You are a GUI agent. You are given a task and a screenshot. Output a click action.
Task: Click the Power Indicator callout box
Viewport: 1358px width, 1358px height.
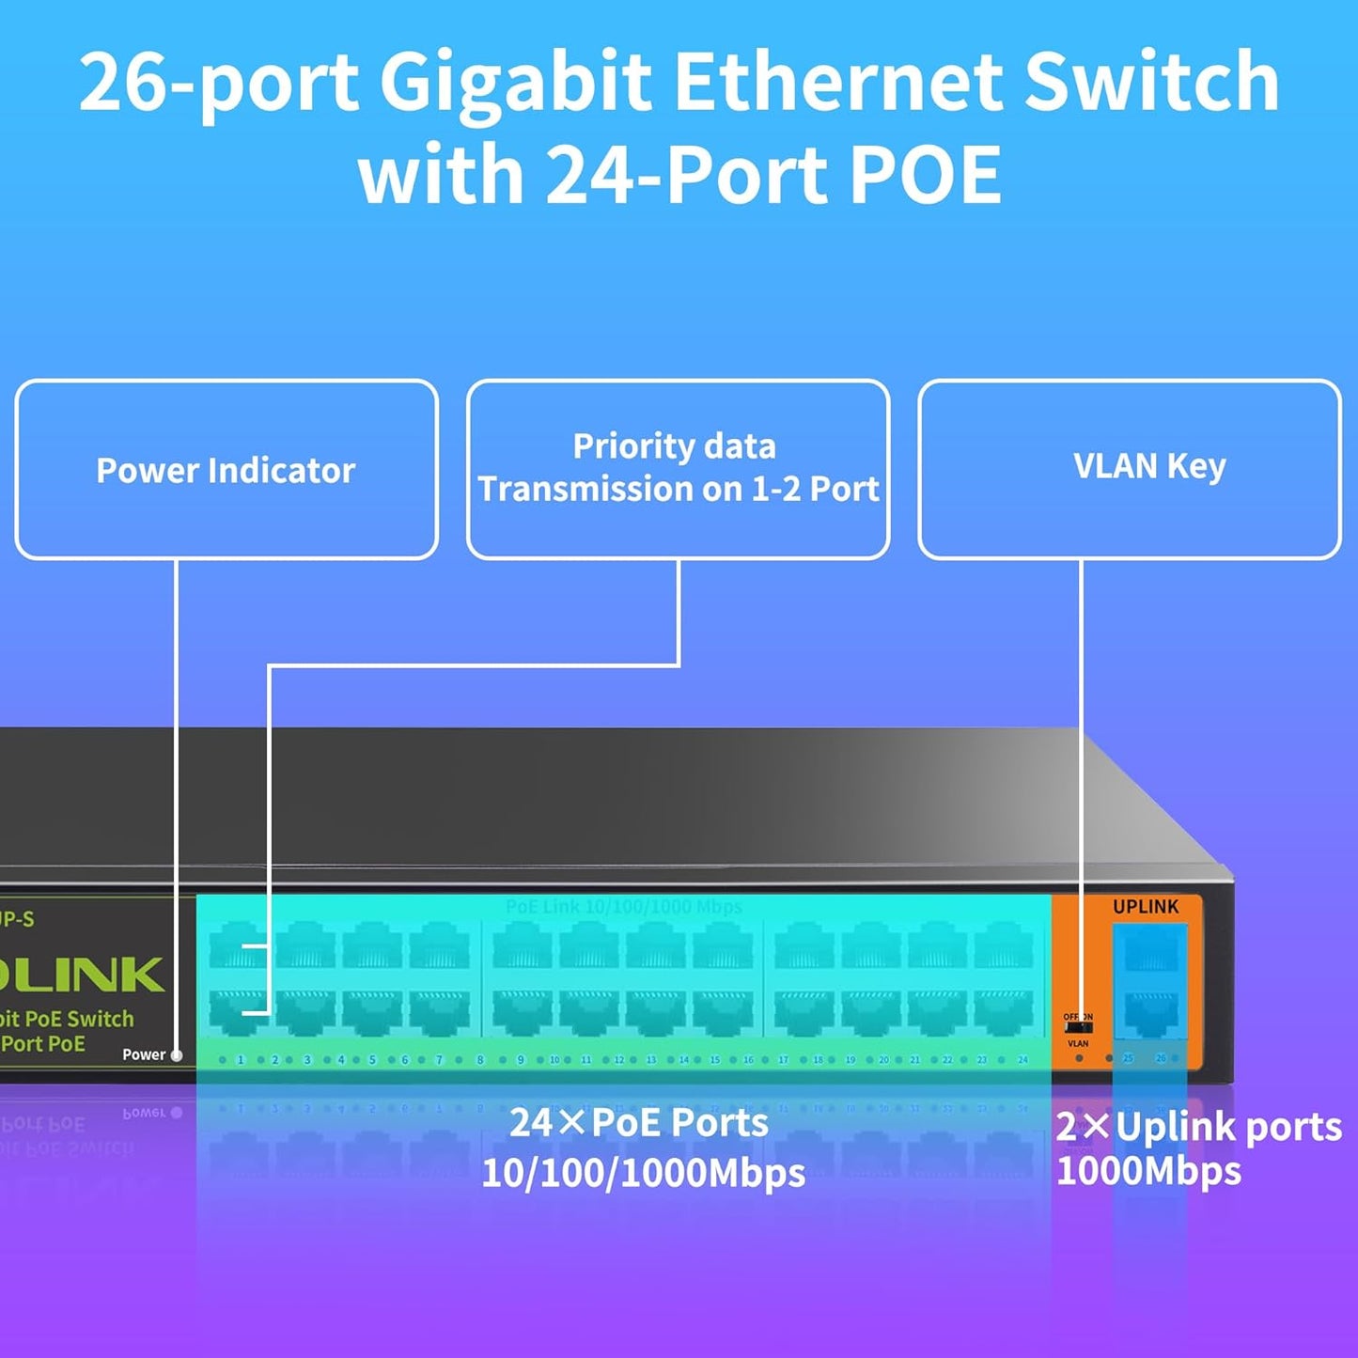[x=226, y=470]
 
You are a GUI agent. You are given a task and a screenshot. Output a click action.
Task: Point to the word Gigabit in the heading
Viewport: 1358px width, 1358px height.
[x=515, y=83]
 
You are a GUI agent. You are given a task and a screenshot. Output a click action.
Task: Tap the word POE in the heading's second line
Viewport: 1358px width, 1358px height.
[x=926, y=175]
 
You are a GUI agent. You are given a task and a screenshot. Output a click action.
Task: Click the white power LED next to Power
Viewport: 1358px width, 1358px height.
[x=177, y=1055]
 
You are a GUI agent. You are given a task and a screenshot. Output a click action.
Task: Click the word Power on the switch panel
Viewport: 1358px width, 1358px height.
[x=144, y=1054]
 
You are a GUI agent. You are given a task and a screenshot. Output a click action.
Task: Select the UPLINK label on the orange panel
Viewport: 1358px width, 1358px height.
[x=1145, y=907]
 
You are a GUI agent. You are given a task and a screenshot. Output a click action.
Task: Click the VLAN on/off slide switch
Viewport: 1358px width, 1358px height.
[x=1078, y=1029]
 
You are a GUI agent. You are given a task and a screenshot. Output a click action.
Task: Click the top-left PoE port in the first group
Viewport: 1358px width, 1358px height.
[x=238, y=945]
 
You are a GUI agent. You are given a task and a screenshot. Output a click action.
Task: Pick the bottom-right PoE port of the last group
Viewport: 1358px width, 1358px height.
[x=1003, y=1013]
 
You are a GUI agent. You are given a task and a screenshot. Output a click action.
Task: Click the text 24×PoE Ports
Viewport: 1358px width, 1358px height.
[x=639, y=1123]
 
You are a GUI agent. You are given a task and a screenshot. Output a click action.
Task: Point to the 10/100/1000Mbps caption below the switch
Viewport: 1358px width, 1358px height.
[x=643, y=1174]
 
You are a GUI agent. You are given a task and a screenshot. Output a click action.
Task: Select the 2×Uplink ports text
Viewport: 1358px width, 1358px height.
[x=1198, y=1127]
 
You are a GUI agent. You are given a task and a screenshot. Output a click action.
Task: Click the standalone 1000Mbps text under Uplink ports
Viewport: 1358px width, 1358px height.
[x=1148, y=1172]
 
